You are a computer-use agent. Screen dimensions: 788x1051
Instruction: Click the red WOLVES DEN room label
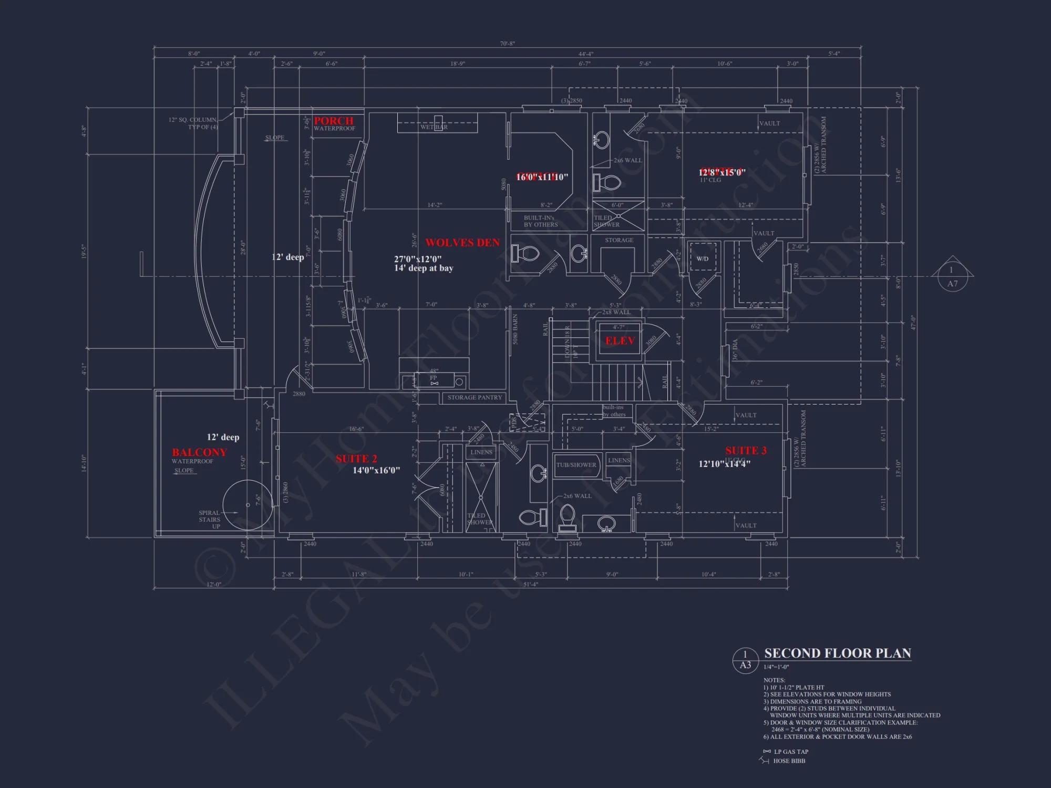[x=462, y=243]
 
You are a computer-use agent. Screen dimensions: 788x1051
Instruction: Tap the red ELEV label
[x=620, y=341]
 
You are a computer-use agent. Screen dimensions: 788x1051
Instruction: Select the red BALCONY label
[x=199, y=452]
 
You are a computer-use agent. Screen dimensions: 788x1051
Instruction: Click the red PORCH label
[x=334, y=121]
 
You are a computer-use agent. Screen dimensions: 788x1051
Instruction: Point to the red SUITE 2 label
[x=356, y=459]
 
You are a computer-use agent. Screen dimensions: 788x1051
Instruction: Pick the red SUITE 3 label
[x=746, y=451]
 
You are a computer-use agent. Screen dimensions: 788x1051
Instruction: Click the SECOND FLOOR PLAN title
[x=837, y=654]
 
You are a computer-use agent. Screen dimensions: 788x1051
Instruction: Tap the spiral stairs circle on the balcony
[x=248, y=505]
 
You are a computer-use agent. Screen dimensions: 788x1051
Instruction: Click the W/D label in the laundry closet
[x=702, y=259]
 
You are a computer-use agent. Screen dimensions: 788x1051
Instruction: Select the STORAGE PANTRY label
[x=475, y=398]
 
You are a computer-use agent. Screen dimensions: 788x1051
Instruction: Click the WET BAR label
[x=434, y=127]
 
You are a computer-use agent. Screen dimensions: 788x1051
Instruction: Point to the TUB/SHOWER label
[x=576, y=465]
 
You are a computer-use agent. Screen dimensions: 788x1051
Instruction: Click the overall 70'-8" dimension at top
[x=507, y=44]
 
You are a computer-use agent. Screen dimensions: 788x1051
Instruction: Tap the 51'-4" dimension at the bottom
[x=531, y=584]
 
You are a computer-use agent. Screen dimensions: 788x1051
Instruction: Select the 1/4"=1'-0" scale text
[x=776, y=667]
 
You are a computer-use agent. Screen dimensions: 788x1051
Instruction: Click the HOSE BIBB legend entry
[x=789, y=761]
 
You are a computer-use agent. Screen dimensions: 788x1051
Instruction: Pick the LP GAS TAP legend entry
[x=791, y=752]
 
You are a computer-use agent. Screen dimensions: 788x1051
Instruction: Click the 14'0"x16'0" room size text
[x=376, y=471]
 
